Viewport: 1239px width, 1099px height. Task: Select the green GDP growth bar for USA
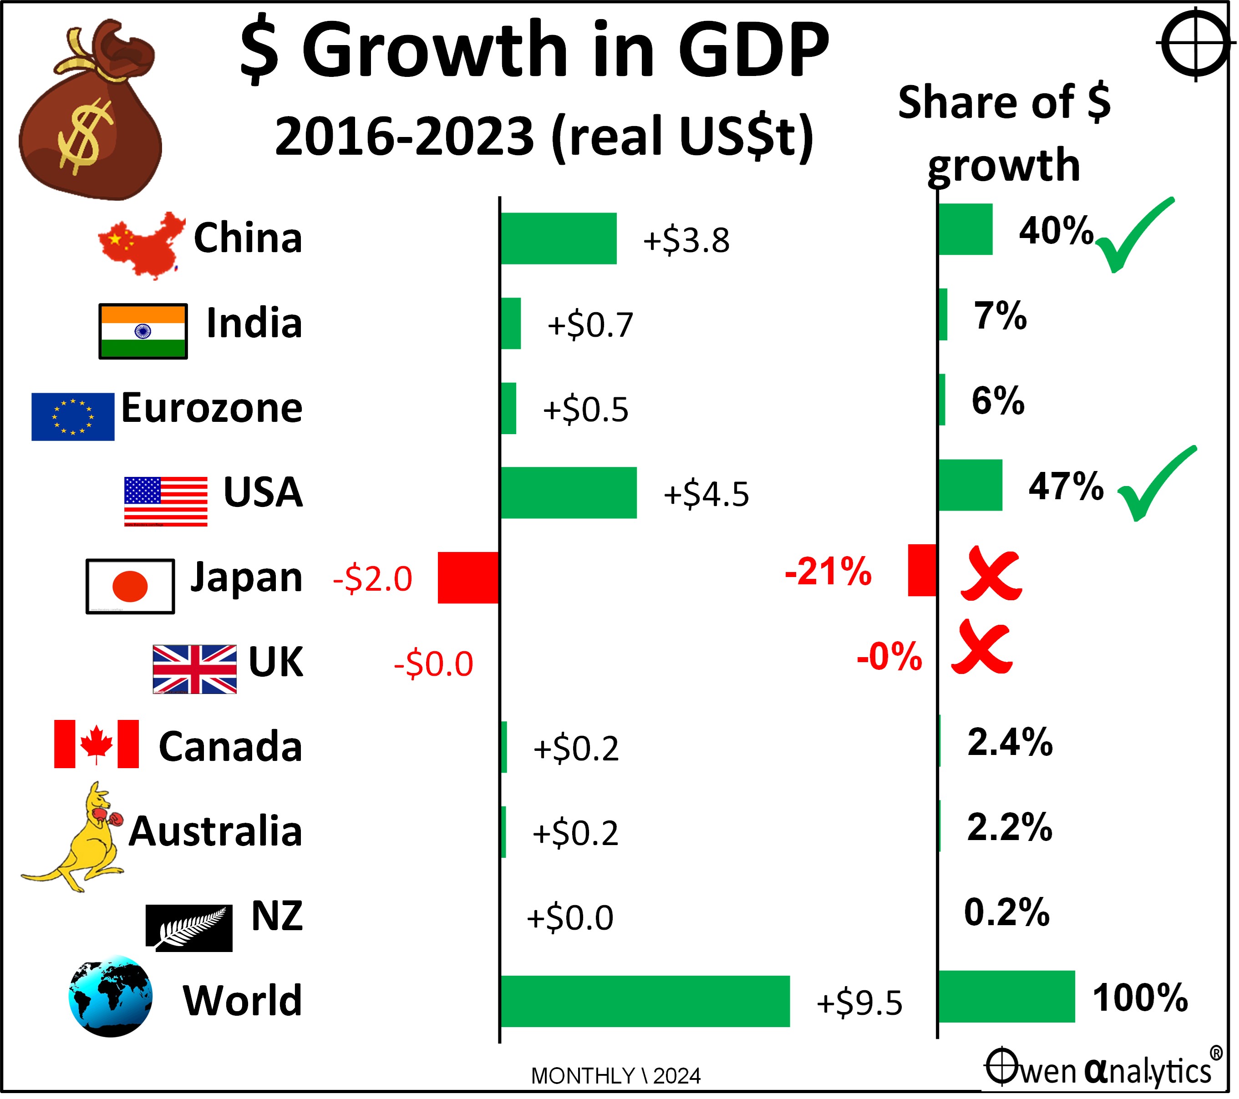[569, 493]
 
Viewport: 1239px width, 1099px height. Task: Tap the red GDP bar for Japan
[468, 577]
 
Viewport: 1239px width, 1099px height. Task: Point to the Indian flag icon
[143, 331]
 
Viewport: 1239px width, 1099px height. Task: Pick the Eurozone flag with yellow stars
[73, 416]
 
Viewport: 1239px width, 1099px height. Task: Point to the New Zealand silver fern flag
[189, 927]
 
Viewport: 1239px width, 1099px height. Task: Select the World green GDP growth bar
[645, 1002]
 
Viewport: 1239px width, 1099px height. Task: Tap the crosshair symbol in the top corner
[1195, 44]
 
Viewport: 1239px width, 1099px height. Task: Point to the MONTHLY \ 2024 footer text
[615, 1076]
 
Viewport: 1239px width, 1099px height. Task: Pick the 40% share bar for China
[965, 229]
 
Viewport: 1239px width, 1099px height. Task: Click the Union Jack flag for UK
[194, 669]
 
